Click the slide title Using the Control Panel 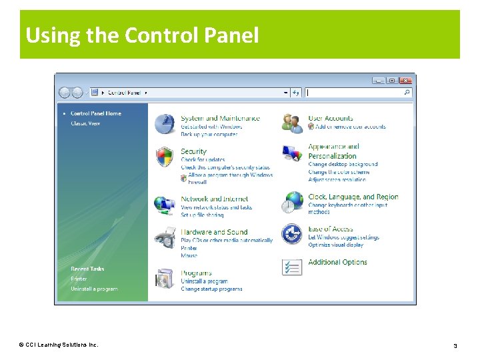[142, 35]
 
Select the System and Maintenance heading [220, 119]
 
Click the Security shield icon [164, 157]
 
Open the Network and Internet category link [214, 199]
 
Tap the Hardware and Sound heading [213, 232]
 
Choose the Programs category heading [196, 273]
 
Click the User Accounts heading [331, 119]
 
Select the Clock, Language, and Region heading [353, 197]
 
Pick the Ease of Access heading [331, 229]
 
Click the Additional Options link [337, 262]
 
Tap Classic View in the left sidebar [85, 123]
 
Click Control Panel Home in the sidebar [95, 113]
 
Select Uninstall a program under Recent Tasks [94, 289]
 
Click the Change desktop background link [343, 164]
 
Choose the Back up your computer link [209, 135]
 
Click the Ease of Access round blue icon [292, 234]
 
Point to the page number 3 [455, 345]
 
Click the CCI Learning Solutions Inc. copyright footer [59, 345]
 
